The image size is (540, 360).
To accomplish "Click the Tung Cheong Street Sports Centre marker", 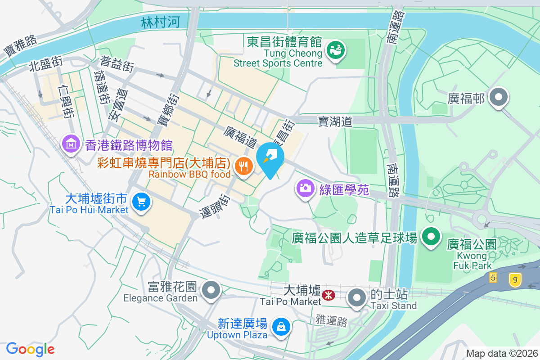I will point(335,49).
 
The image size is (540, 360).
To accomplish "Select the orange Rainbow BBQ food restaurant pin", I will point(243,167).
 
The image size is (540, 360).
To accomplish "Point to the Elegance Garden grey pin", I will point(211,289).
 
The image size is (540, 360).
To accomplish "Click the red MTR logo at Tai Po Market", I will point(328,295).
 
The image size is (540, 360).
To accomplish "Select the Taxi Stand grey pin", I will point(357,297).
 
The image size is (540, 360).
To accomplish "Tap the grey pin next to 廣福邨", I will point(499,97).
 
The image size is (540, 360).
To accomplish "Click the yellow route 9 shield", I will point(515,280).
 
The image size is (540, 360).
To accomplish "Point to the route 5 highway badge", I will point(494,278).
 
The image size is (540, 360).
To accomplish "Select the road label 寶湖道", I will point(335,121).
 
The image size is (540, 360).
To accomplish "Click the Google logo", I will point(30,349).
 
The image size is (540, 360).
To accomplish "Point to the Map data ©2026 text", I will point(501,353).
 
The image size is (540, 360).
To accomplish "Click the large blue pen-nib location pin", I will point(270,157).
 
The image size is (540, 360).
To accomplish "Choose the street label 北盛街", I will point(45,63).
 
